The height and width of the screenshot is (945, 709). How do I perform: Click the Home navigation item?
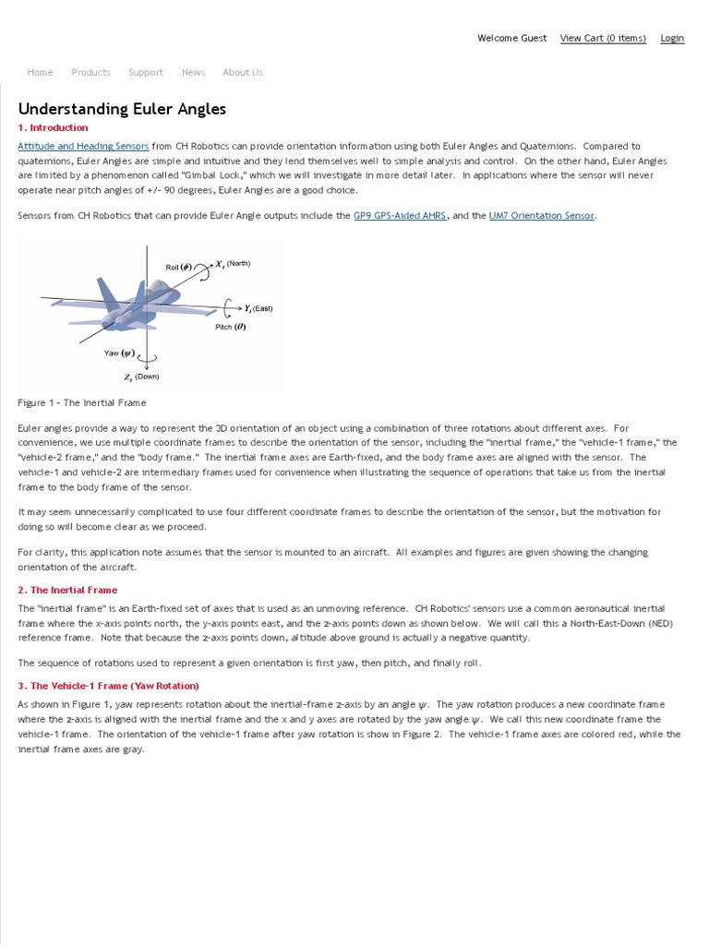click(40, 72)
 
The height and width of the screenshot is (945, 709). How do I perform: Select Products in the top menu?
click(90, 72)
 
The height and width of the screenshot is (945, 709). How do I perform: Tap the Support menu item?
click(146, 72)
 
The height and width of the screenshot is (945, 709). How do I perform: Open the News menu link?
click(193, 72)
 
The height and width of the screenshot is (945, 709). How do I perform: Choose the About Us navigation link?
click(243, 72)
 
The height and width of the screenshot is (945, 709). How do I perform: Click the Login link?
click(672, 38)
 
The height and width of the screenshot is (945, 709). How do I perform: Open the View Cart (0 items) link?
click(603, 38)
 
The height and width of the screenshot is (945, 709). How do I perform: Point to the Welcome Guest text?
click(511, 38)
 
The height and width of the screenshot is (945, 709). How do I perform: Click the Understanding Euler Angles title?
click(122, 109)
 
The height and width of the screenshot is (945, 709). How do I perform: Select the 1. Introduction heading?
click(54, 127)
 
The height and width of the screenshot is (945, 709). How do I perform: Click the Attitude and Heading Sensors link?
click(83, 146)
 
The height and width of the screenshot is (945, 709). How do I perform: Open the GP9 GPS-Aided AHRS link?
click(400, 216)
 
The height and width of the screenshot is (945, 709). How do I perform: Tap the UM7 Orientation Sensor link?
click(542, 216)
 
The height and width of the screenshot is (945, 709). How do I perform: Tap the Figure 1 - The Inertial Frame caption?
click(82, 402)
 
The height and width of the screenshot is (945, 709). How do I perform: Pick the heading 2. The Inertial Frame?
click(68, 590)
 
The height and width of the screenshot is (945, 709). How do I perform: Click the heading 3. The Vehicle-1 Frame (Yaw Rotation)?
click(109, 686)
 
